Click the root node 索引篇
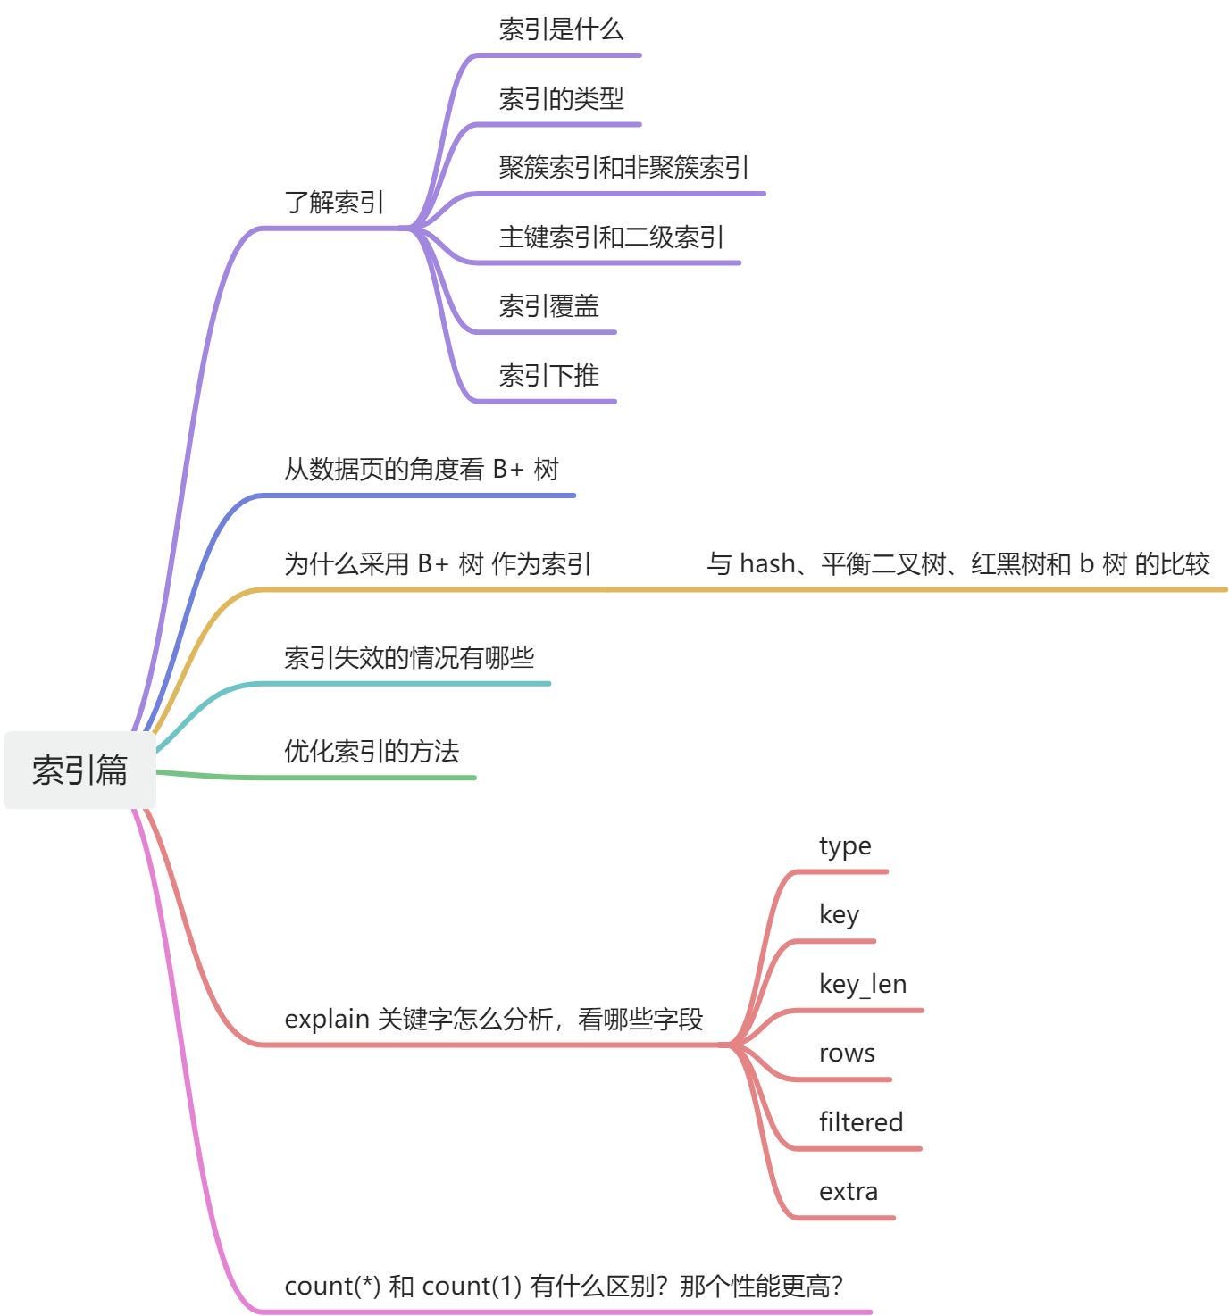point(79,770)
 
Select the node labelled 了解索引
point(334,203)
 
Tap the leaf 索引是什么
point(561,29)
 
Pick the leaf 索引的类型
point(561,98)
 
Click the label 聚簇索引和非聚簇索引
point(623,168)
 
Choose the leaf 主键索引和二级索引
point(611,237)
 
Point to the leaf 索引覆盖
point(548,306)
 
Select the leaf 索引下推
point(548,376)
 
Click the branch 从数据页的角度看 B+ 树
point(421,469)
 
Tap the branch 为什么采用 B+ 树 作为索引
point(438,563)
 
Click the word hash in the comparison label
point(767,563)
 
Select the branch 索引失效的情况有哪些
point(409,658)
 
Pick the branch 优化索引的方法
point(372,752)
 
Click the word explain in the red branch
point(327,1020)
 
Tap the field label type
point(845,846)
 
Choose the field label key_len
point(863,985)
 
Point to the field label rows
point(847,1054)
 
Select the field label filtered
point(861,1122)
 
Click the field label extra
point(849,1192)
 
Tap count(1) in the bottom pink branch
point(472,1287)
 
